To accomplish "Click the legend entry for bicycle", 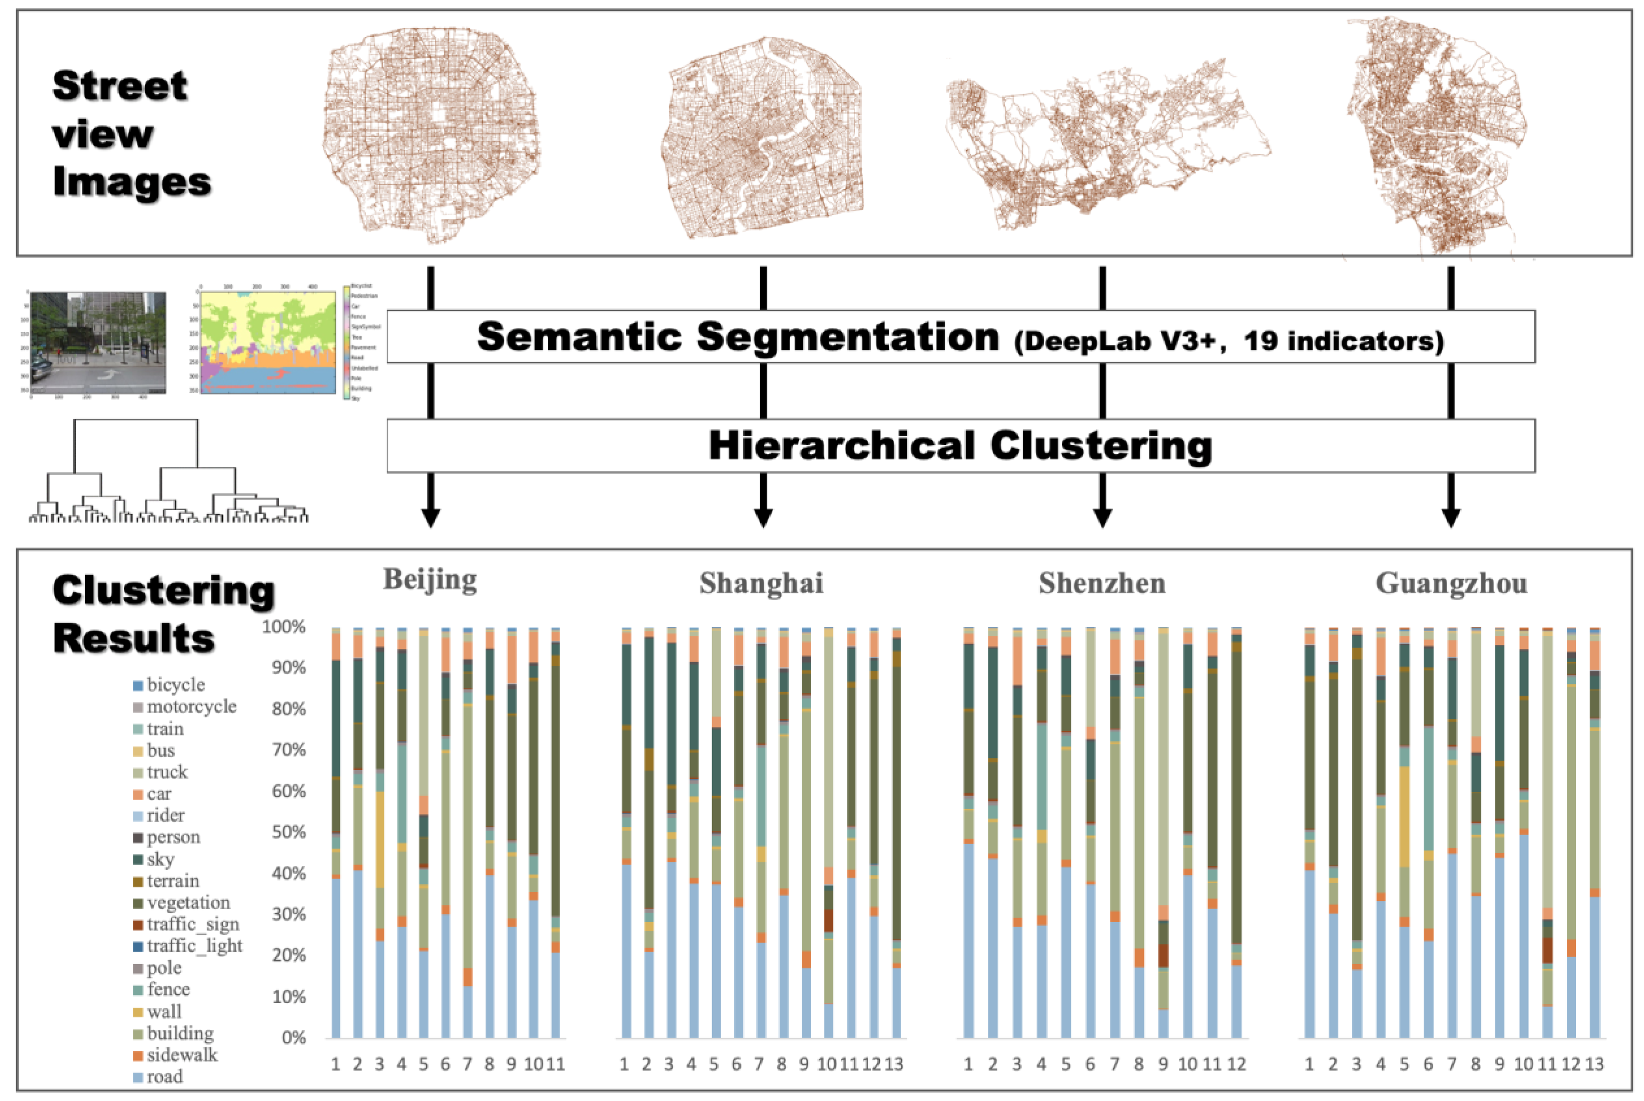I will [176, 685].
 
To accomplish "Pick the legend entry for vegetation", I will [188, 902].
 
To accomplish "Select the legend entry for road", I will [164, 1076].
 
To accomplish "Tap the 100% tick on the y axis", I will [284, 626].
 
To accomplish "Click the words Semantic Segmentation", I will [738, 337].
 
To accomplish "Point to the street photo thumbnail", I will [98, 342].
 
